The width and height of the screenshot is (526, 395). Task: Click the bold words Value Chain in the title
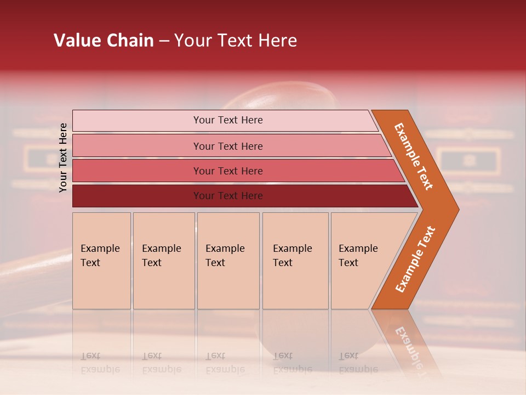(x=104, y=41)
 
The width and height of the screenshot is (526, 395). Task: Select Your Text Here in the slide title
(x=236, y=41)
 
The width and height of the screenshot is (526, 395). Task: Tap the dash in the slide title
(x=164, y=41)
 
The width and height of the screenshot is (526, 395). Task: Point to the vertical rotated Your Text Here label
(x=63, y=157)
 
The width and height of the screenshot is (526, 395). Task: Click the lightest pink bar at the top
(x=227, y=120)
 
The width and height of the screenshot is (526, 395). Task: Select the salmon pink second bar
(x=227, y=146)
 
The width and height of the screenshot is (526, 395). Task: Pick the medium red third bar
(x=227, y=171)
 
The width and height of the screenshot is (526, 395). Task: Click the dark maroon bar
(x=227, y=196)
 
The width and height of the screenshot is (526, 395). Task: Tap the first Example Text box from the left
(x=101, y=261)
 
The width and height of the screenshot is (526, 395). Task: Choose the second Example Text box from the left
(x=163, y=261)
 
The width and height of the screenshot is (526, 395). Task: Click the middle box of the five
(x=228, y=261)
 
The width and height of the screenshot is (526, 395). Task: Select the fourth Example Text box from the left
(x=295, y=261)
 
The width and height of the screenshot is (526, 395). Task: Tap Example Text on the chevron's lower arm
(x=415, y=259)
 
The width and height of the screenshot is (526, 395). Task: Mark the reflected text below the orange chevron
(x=408, y=346)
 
